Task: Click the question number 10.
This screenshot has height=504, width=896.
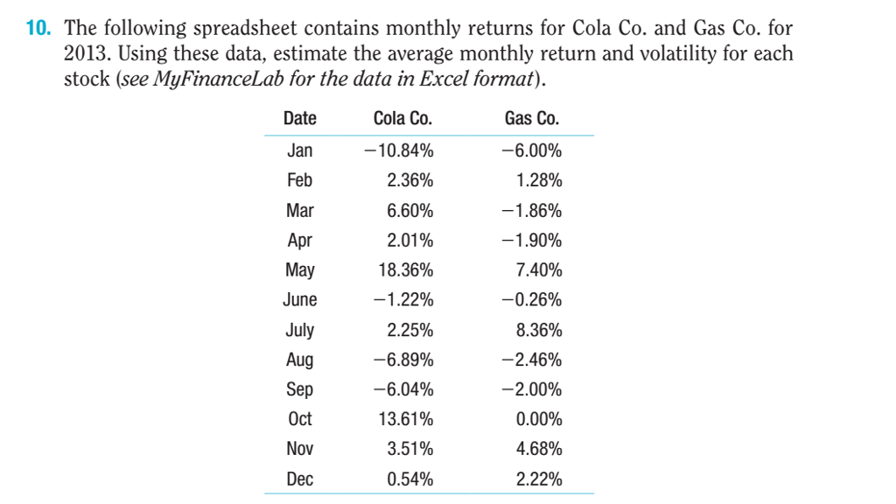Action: (x=39, y=28)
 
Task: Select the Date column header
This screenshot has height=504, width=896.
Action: (x=299, y=119)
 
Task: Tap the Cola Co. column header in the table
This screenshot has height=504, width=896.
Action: (x=402, y=119)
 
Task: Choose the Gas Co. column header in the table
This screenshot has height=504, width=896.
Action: (x=532, y=119)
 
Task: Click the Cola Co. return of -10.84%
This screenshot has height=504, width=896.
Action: (x=399, y=150)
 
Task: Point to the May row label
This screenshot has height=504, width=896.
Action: (x=299, y=270)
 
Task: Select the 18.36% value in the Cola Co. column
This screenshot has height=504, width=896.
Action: (x=405, y=270)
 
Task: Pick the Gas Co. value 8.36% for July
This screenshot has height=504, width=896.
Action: (x=539, y=330)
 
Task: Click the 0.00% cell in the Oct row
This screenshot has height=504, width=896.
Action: (x=539, y=419)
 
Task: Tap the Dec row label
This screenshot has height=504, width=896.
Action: (x=299, y=479)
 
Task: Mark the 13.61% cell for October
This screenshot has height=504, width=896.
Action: (x=405, y=419)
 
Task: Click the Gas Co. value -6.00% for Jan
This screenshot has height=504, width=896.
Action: (x=532, y=150)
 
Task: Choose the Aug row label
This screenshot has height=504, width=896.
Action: (x=299, y=360)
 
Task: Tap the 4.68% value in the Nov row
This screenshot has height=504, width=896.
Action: (x=539, y=450)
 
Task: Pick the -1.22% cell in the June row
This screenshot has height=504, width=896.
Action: (x=399, y=300)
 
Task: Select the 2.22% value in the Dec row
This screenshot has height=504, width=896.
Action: (x=539, y=479)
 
